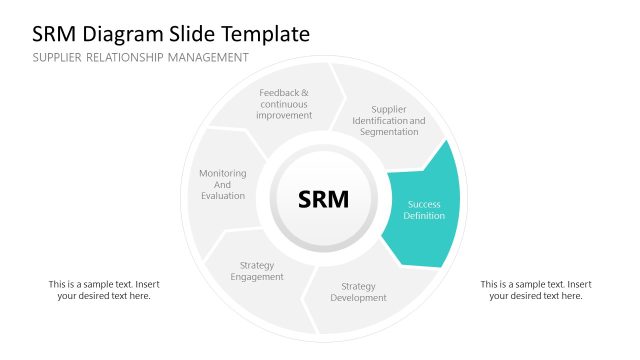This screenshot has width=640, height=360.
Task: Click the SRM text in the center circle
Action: click(x=324, y=199)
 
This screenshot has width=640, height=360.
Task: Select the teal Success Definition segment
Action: click(x=424, y=210)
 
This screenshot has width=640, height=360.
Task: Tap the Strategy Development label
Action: click(x=358, y=292)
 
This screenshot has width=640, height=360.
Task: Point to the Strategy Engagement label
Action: click(x=257, y=271)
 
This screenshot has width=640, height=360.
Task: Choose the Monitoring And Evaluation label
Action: click(x=222, y=184)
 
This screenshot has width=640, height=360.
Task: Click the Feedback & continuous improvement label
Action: click(x=284, y=104)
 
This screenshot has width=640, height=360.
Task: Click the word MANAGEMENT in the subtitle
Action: click(x=205, y=58)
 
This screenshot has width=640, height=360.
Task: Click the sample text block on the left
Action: click(x=104, y=290)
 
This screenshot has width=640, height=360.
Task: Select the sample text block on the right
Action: click(x=536, y=290)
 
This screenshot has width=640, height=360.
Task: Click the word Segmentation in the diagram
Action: click(x=388, y=132)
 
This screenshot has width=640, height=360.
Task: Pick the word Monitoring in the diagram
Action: click(x=222, y=173)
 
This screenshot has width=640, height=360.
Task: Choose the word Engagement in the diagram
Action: click(x=257, y=277)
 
